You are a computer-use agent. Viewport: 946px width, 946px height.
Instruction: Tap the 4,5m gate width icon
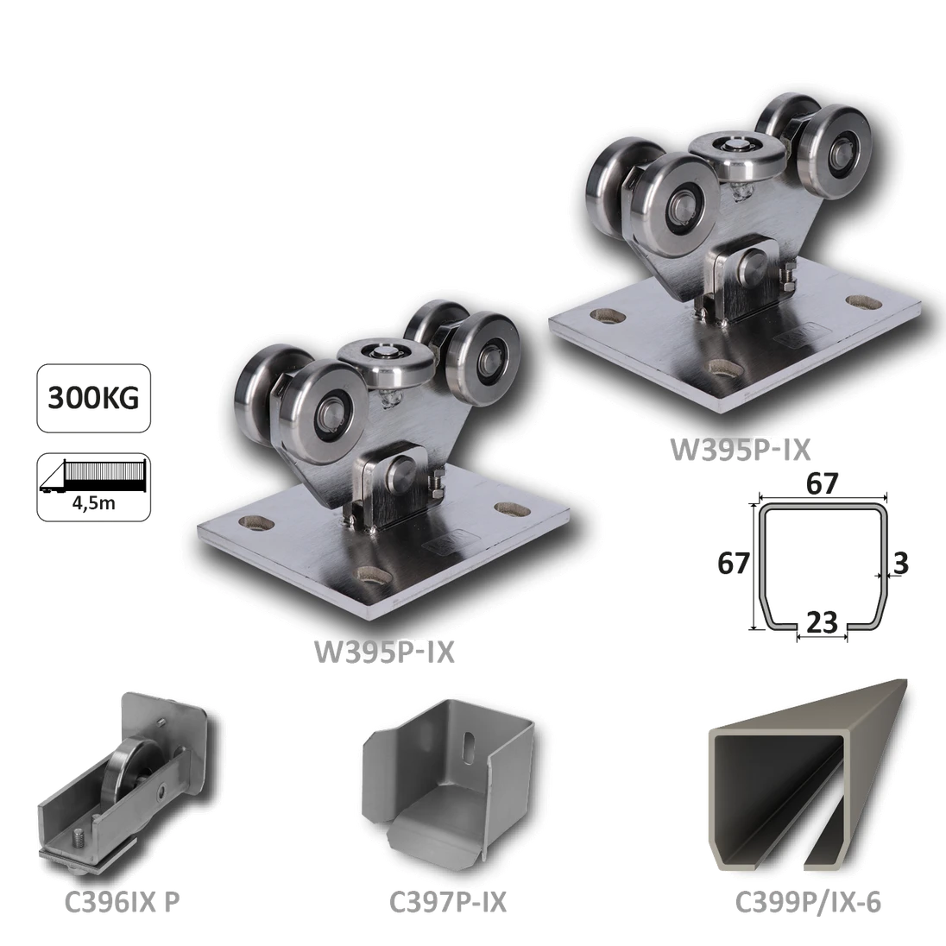[x=95, y=485]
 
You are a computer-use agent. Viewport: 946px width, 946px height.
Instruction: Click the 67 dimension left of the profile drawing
[x=734, y=565]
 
